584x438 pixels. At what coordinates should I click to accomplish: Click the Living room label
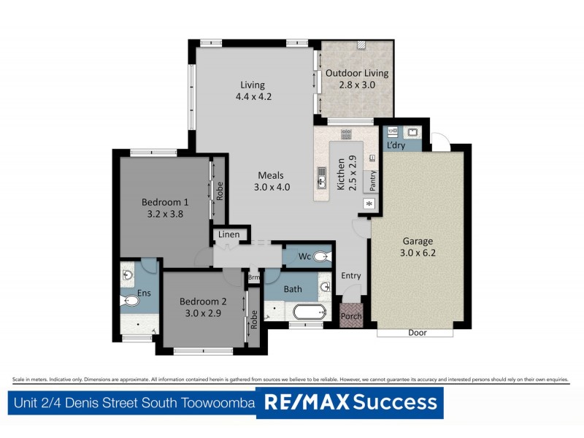point(253,85)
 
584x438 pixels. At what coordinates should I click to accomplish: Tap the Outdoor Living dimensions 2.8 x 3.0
point(357,85)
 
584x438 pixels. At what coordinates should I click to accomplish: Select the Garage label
point(418,241)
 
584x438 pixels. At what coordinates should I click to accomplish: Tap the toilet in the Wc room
point(320,256)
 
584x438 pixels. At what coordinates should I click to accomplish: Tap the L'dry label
point(396,145)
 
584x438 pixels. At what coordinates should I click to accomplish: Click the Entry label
point(351,275)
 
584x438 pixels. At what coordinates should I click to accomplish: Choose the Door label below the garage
point(418,333)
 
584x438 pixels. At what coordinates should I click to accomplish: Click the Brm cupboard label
point(253,277)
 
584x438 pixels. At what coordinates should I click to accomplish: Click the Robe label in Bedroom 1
point(219,191)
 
